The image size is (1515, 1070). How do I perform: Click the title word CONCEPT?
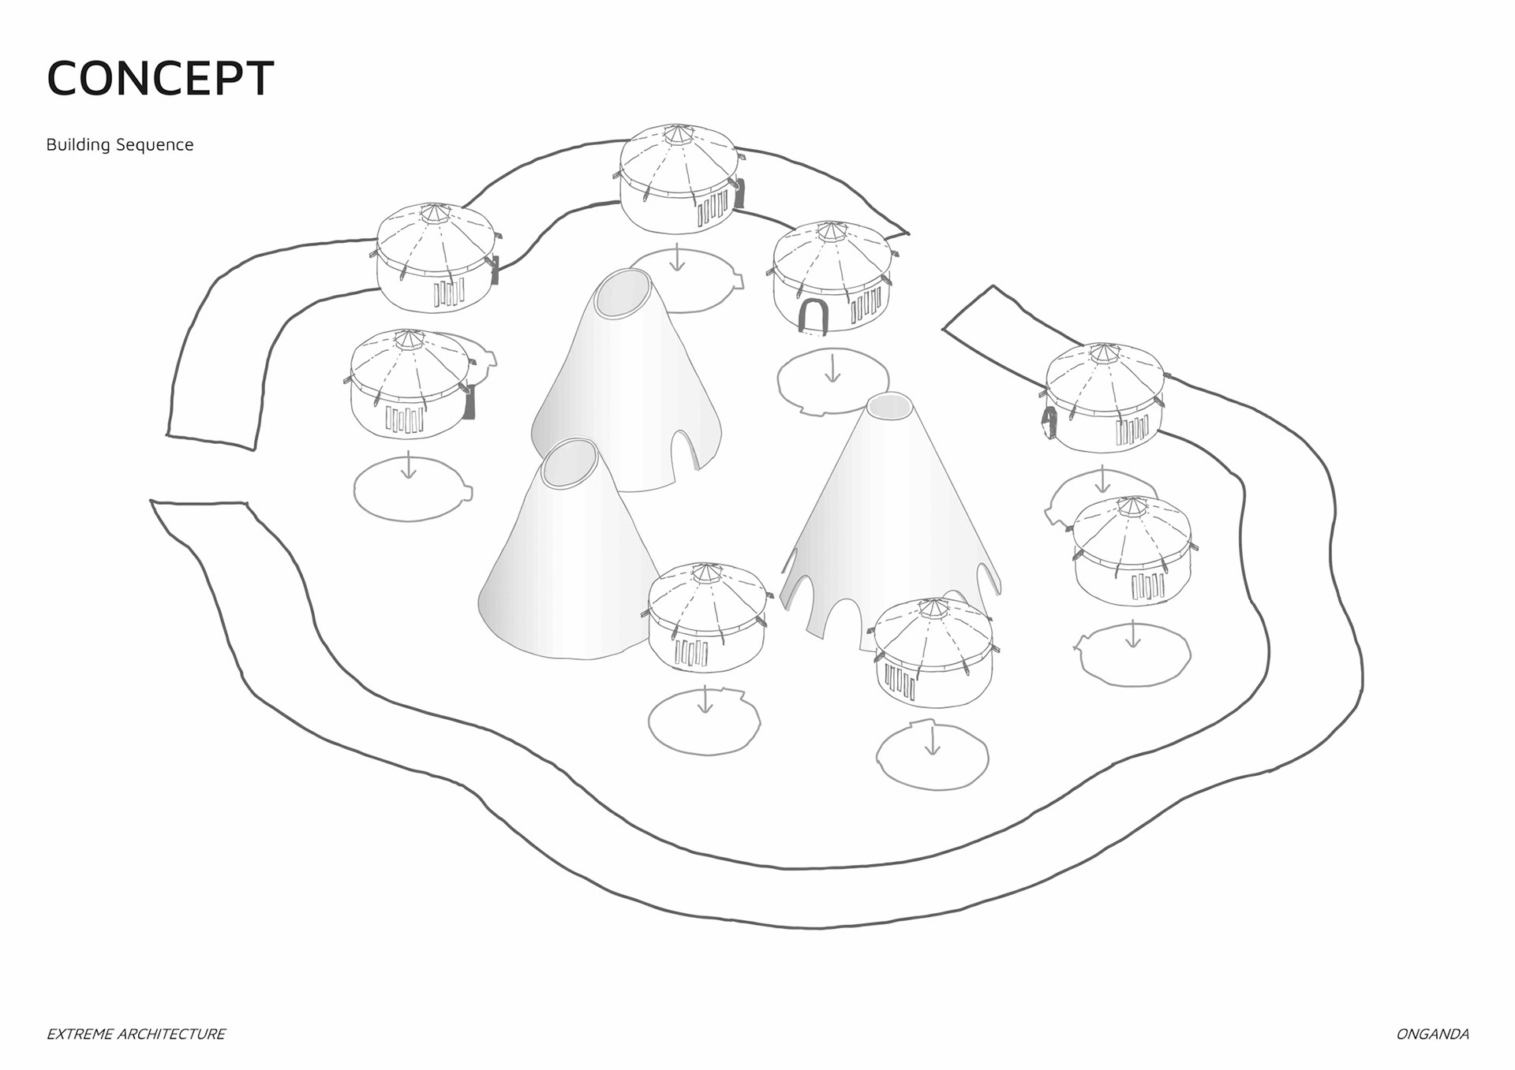(160, 79)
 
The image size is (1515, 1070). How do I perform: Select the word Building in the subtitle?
(77, 145)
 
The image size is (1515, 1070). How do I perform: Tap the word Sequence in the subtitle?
(155, 145)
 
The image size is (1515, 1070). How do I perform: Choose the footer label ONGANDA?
(1432, 1034)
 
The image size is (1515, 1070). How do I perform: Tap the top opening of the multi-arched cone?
(890, 405)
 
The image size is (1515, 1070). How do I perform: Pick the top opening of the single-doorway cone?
(623, 293)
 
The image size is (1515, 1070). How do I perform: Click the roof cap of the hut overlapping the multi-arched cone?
(933, 608)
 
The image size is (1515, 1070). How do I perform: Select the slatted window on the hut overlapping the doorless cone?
(691, 653)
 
